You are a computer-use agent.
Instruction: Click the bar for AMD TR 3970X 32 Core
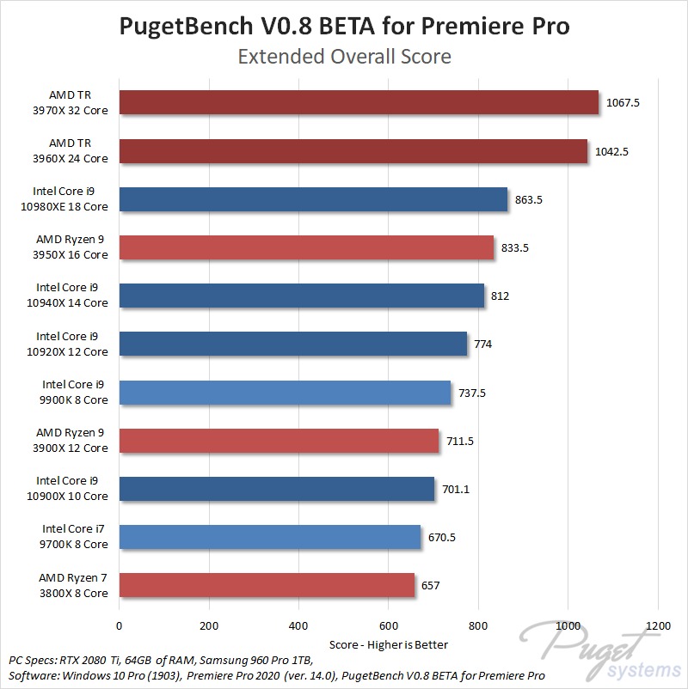tap(359, 103)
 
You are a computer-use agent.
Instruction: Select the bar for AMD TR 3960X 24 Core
tap(353, 151)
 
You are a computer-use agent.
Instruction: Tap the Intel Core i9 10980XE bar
tap(313, 199)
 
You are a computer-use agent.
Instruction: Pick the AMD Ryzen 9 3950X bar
tap(306, 247)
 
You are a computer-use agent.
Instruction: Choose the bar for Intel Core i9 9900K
tap(285, 393)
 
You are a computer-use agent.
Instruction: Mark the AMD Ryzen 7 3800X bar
tap(267, 585)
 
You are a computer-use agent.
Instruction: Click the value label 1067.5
tap(623, 103)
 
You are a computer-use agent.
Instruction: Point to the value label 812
tap(501, 296)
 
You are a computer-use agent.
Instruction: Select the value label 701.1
tap(457, 490)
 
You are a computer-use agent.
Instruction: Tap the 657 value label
tap(431, 586)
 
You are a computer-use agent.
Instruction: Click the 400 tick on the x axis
tap(298, 625)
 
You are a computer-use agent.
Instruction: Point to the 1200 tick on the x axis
tap(658, 625)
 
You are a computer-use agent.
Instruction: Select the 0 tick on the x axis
tap(120, 625)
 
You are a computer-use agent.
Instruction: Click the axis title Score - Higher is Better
tap(389, 643)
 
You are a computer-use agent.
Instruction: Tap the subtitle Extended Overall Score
tap(344, 58)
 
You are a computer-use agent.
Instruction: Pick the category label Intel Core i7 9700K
tap(72, 537)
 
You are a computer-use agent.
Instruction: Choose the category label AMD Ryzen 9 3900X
tap(72, 441)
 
